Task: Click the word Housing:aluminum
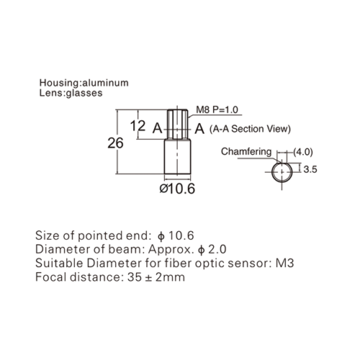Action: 84,83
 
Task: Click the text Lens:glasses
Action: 71,93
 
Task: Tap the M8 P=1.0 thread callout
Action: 217,109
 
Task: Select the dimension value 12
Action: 138,126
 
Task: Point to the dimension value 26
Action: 115,143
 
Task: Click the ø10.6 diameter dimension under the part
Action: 177,189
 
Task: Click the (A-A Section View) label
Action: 250,129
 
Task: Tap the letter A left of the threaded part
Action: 158,128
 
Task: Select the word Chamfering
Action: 246,152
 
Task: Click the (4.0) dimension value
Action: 303,152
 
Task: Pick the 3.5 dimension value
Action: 310,169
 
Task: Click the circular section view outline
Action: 272,172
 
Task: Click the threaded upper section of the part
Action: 177,125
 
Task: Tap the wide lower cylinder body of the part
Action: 178,157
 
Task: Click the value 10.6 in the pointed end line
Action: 181,235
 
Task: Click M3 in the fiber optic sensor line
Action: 284,264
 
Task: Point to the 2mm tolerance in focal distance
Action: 170,277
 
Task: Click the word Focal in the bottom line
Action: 50,277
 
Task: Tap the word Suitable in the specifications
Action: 59,264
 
